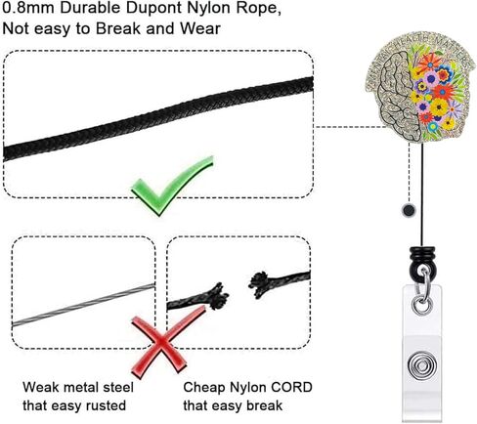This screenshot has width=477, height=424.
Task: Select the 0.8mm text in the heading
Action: (x=28, y=8)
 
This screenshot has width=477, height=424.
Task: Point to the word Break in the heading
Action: (x=118, y=28)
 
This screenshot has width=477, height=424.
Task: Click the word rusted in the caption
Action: (x=106, y=405)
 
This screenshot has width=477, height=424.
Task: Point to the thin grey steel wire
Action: (x=83, y=305)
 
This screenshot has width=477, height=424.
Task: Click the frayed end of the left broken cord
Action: (x=218, y=296)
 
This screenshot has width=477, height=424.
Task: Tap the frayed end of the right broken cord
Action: (x=259, y=284)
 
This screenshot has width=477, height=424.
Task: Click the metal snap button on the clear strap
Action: (x=422, y=366)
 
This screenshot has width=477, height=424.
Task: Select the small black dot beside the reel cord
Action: (x=409, y=210)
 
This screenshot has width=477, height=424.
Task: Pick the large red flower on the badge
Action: (x=442, y=91)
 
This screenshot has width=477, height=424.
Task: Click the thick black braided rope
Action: (x=158, y=119)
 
